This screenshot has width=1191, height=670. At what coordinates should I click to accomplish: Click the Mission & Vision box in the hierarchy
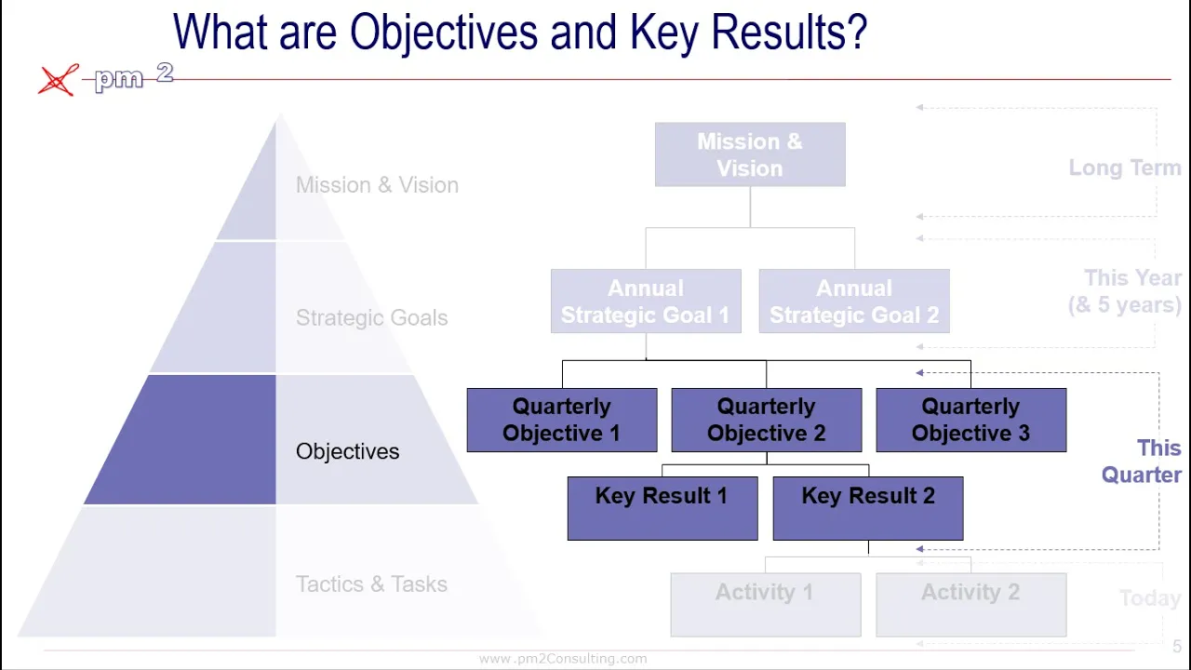pyautogui.click(x=750, y=154)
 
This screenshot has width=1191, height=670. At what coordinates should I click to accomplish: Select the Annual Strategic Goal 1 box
pyautogui.click(x=646, y=301)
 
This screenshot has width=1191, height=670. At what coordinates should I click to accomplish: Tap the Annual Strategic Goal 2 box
pyautogui.click(x=854, y=301)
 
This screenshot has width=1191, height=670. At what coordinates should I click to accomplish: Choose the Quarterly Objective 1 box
pyautogui.click(x=562, y=420)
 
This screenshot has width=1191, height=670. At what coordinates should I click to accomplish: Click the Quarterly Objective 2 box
pyautogui.click(x=767, y=420)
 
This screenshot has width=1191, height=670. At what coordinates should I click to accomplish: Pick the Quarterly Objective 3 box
pyautogui.click(x=970, y=420)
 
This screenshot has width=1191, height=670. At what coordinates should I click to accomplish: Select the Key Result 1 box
pyautogui.click(x=662, y=508)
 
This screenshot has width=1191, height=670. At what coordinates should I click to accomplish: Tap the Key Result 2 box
pyautogui.click(x=868, y=508)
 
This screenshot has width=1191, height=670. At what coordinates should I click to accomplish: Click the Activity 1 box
pyautogui.click(x=765, y=604)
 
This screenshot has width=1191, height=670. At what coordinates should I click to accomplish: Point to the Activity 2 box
pyautogui.click(x=970, y=604)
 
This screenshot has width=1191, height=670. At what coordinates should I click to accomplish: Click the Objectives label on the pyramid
pyautogui.click(x=347, y=451)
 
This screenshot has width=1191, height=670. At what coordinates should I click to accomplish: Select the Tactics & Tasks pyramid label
pyautogui.click(x=371, y=584)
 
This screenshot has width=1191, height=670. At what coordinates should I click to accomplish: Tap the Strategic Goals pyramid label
pyautogui.click(x=371, y=318)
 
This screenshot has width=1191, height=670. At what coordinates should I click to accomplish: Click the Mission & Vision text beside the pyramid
pyautogui.click(x=377, y=185)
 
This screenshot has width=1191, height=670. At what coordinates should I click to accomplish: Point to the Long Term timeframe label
pyautogui.click(x=1124, y=168)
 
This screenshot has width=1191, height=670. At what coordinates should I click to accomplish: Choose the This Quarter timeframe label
pyautogui.click(x=1142, y=462)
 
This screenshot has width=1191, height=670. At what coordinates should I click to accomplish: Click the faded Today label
pyautogui.click(x=1149, y=598)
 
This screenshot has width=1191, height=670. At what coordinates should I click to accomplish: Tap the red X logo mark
pyautogui.click(x=58, y=80)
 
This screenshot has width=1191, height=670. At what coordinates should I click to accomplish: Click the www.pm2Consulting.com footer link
pyautogui.click(x=563, y=659)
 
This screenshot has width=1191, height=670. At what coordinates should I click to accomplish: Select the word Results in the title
pyautogui.click(x=789, y=33)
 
